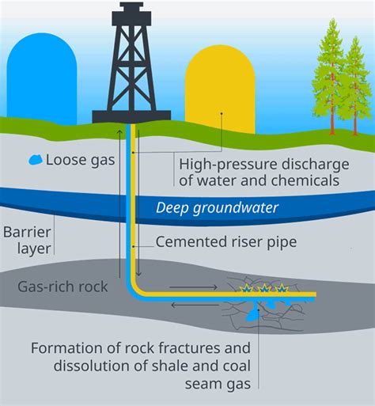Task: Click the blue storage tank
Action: pos(42,78)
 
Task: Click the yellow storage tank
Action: pos(220,89)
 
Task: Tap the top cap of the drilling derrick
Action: pos(131,13)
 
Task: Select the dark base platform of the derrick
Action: pos(131,116)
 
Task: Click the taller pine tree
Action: pos(331,77)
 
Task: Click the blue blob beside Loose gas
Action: pos(36,160)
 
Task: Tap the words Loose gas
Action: pos(81,160)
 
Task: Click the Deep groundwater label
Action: pos(217,207)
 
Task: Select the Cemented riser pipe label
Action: pos(226,241)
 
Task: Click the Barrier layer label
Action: pos(27,241)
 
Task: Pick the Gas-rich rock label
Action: pos(62,286)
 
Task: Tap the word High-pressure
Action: pos(228,165)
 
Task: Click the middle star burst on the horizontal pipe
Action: pos(264,288)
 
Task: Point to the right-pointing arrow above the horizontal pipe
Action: pos(194,287)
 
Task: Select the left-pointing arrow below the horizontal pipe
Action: pos(195,305)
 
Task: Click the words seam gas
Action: pos(218,384)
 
